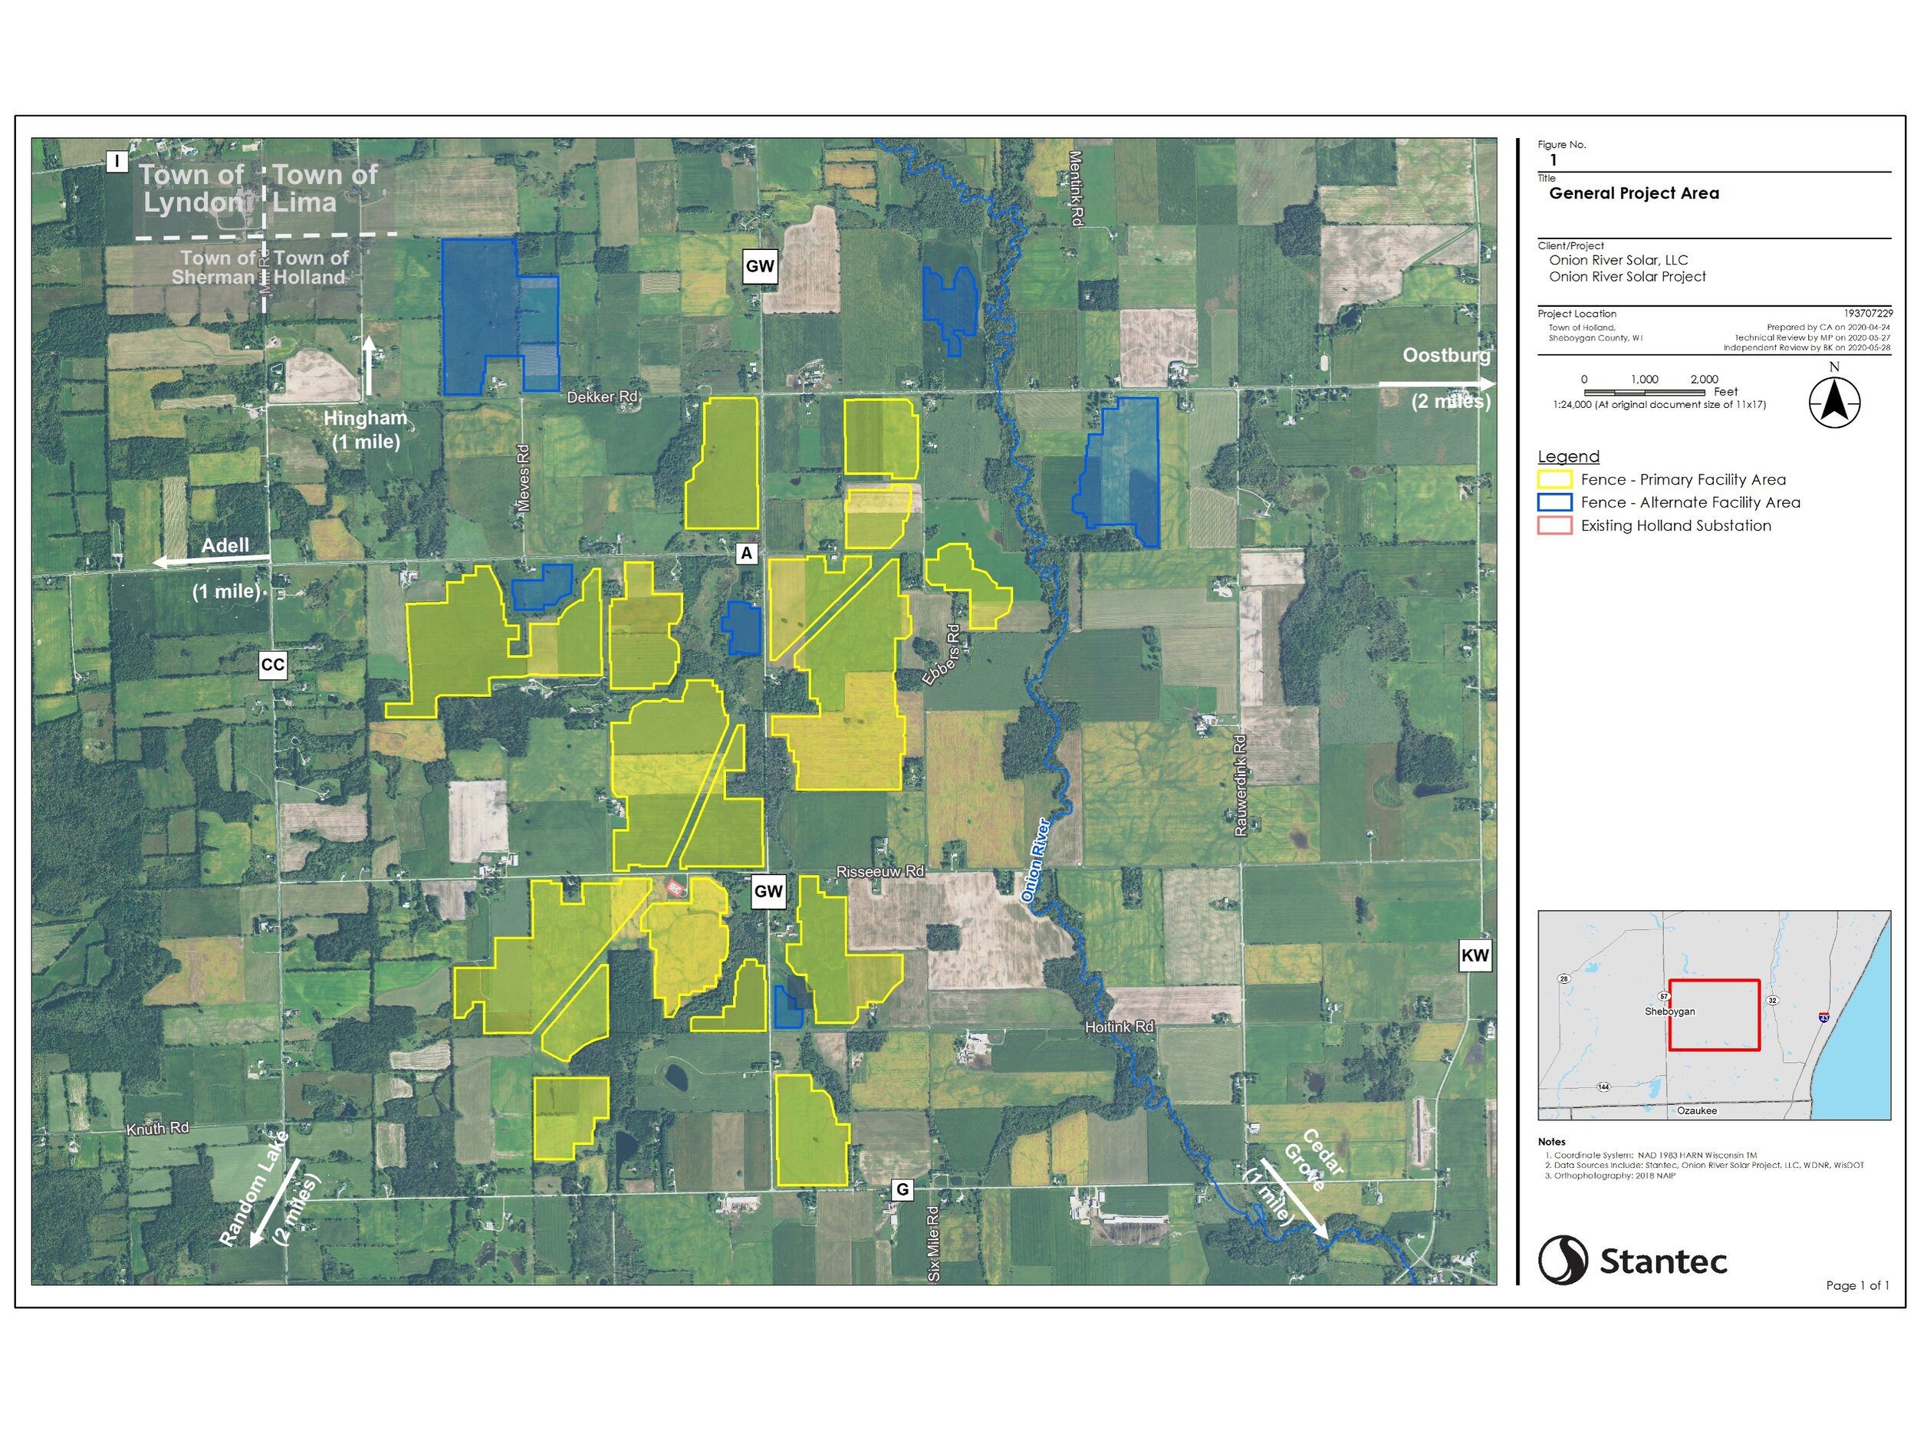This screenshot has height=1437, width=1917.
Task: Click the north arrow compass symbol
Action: pos(1835,403)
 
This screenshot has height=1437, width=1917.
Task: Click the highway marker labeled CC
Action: pos(272,665)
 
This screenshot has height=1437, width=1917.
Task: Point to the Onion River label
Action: pos(1036,860)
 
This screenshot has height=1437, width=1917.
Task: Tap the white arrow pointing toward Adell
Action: pos(212,561)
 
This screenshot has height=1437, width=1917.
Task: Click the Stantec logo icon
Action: pos(1563,1260)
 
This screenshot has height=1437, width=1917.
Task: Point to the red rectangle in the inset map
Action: pos(1715,1015)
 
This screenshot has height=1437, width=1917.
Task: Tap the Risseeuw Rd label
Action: pos(880,872)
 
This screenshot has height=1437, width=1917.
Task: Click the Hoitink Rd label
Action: pos(1120,1027)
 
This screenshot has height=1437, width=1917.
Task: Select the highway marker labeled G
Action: pos(903,1190)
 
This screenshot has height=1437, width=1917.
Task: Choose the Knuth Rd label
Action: pos(158,1130)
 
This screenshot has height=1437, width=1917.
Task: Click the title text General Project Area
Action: pos(1633,193)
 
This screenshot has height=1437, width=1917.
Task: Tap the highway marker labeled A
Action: pos(746,553)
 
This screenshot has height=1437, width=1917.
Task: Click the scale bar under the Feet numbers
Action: pos(1644,392)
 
